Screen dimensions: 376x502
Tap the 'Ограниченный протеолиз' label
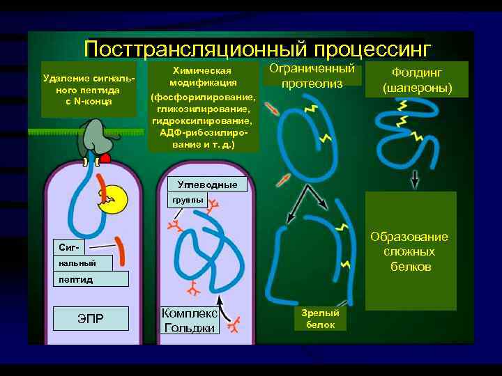coord(312,77)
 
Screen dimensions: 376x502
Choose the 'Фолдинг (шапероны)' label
coord(417,81)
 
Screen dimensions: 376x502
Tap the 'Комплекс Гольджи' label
coord(189,320)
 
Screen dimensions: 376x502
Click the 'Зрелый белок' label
coord(319,319)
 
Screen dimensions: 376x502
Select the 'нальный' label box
coord(75,263)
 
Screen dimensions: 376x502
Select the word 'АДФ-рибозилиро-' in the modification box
coord(203,132)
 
